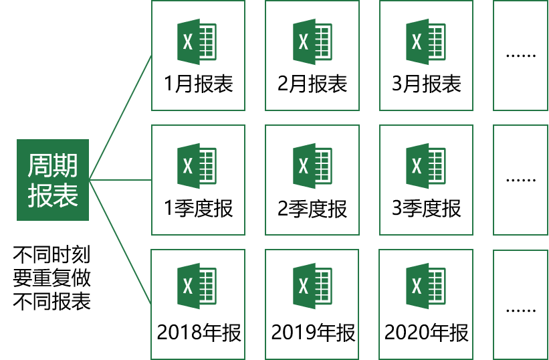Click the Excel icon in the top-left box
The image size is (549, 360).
pyautogui.click(x=197, y=42)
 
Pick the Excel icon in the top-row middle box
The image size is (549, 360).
pyautogui.click(x=312, y=42)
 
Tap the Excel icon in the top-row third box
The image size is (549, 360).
pyautogui.click(x=425, y=42)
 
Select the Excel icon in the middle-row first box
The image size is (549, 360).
pyautogui.click(x=197, y=166)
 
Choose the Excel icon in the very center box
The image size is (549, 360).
pyautogui.click(x=312, y=166)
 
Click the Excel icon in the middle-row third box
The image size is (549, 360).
pyautogui.click(x=425, y=166)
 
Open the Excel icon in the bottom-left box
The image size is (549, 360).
pyautogui.click(x=197, y=286)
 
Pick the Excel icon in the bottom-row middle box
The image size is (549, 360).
pyautogui.click(x=312, y=286)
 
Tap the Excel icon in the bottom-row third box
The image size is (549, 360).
pyautogui.click(x=425, y=286)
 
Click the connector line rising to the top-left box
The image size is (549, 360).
pyautogui.click(x=120, y=118)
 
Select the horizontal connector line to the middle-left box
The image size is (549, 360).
pyautogui.click(x=120, y=180)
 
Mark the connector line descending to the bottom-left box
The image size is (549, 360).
pyautogui.click(x=120, y=242)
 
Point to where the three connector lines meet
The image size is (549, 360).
pyautogui.click(x=90, y=180)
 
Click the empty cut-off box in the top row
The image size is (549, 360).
pyautogui.click(x=521, y=56)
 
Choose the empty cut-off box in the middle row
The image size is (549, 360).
pyautogui.click(x=521, y=180)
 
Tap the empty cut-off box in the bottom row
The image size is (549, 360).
pyautogui.click(x=521, y=304)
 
